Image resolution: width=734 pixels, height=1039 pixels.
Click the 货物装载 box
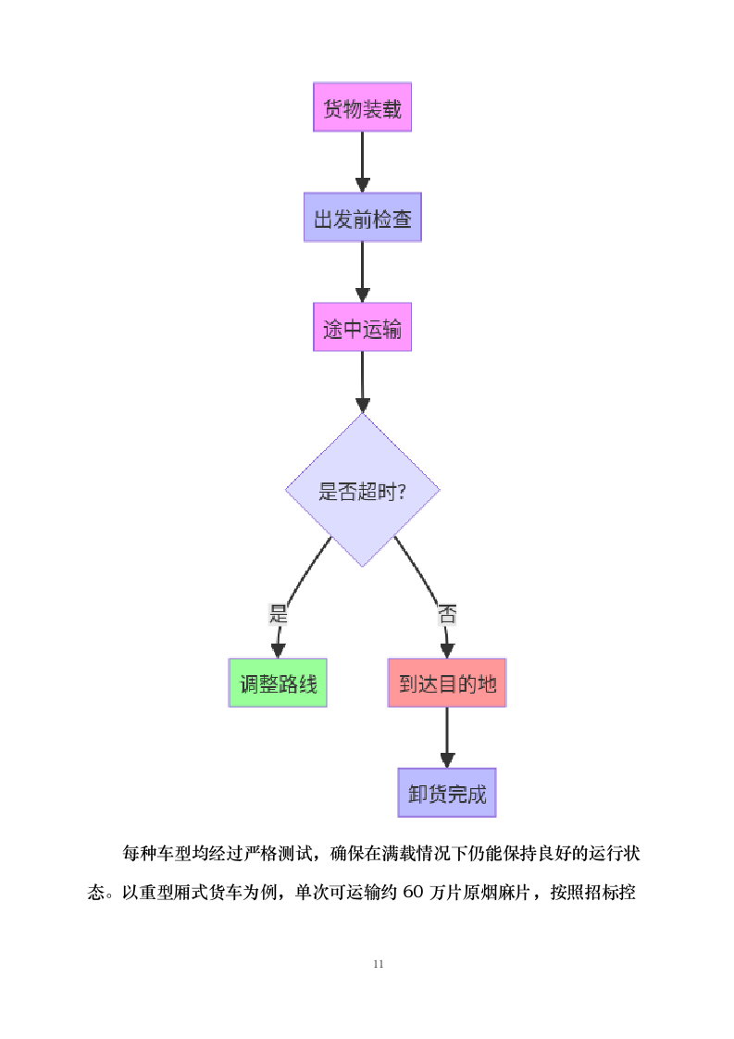click(362, 107)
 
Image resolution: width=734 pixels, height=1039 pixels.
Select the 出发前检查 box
click(362, 218)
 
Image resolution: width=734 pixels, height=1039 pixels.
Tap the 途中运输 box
click(362, 328)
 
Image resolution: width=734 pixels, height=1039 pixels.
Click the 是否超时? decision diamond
click(362, 490)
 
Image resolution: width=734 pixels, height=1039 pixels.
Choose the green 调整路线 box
click(278, 683)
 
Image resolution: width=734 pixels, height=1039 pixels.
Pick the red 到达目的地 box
click(447, 683)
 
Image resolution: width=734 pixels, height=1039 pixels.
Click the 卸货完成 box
click(447, 793)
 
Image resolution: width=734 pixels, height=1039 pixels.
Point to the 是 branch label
click(278, 613)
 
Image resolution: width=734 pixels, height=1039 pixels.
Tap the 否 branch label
click(447, 613)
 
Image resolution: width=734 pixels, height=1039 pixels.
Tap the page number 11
click(379, 964)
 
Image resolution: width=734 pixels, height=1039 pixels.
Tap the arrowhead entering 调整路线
click(277, 649)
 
